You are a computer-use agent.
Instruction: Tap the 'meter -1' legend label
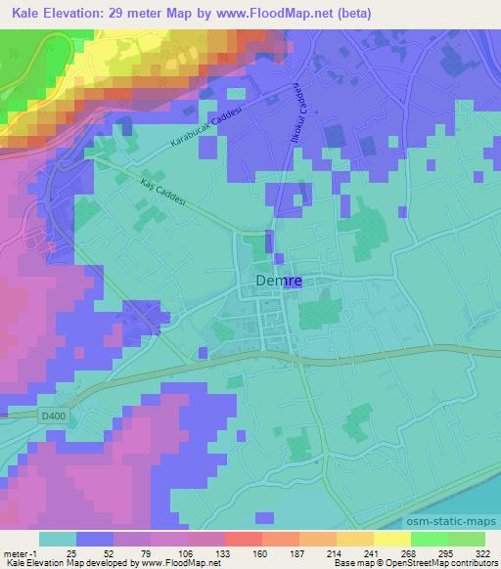[x=21, y=552]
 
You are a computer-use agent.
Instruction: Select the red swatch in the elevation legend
[x=243, y=539]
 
